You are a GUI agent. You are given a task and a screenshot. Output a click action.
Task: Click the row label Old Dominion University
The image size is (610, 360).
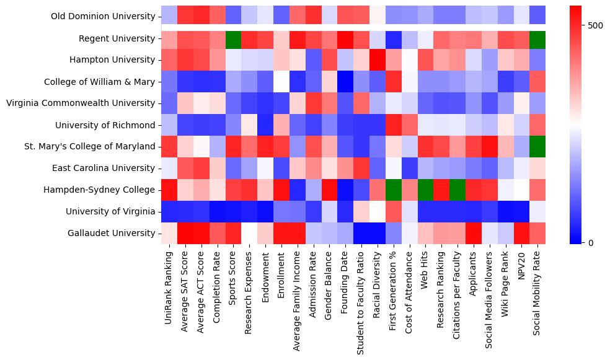104,17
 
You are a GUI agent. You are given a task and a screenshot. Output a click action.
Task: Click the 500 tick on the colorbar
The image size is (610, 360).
596,25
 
